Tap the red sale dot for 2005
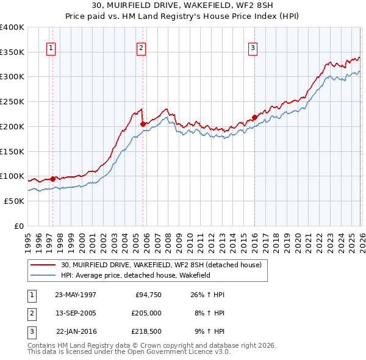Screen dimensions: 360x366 click(x=143, y=124)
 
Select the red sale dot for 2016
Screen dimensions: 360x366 click(x=254, y=118)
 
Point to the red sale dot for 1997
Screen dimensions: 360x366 click(x=53, y=179)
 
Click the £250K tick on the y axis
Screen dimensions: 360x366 click(x=12, y=102)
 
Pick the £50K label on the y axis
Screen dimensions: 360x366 click(x=14, y=201)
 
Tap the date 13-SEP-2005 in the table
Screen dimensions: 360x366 click(x=76, y=313)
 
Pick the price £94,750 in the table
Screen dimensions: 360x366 click(x=146, y=294)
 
